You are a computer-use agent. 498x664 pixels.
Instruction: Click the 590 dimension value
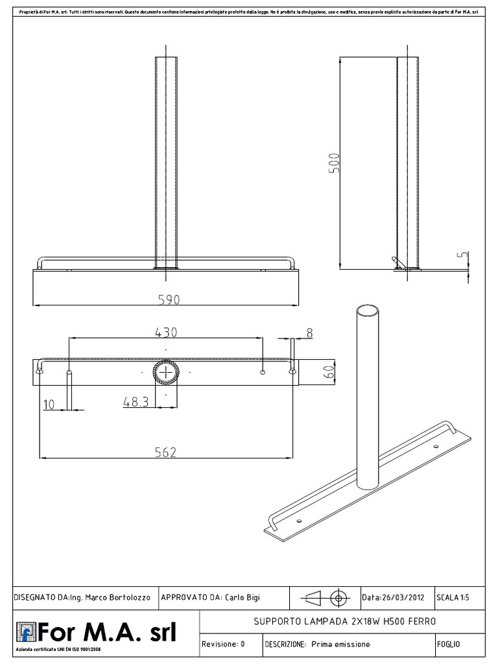[166, 299]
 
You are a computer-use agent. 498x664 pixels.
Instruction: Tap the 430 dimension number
[166, 331]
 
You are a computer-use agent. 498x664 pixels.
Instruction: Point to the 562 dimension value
[166, 452]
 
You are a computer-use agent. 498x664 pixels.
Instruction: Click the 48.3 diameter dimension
[136, 402]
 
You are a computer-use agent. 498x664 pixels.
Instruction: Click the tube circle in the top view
[167, 373]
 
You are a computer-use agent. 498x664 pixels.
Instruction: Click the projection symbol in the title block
[324, 597]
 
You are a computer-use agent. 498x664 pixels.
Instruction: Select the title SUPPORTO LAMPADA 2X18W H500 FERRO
[346, 621]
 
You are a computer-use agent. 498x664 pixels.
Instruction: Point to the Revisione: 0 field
[222, 644]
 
